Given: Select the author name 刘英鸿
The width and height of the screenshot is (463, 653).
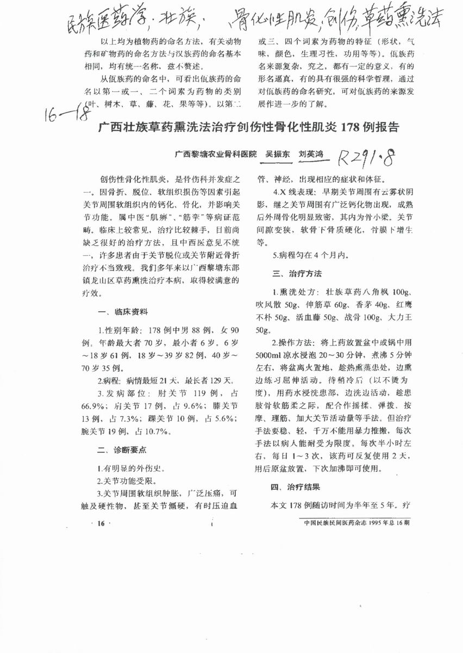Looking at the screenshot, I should (311, 154).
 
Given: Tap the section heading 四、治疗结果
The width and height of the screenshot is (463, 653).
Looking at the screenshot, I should (297, 487).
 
